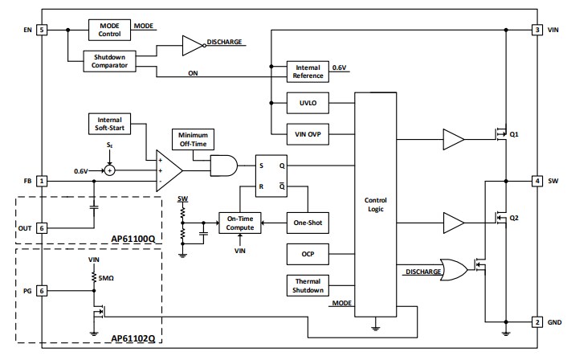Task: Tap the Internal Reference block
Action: click(308, 71)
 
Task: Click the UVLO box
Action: click(308, 103)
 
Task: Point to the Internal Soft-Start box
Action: click(110, 124)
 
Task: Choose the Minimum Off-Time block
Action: click(193, 138)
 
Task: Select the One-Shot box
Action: click(308, 223)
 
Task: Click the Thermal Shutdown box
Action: click(308, 285)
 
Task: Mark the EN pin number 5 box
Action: click(42, 31)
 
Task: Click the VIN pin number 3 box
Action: click(536, 31)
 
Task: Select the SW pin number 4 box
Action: click(536, 181)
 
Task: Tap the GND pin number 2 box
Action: click(536, 322)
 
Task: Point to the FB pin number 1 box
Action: click(42, 181)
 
